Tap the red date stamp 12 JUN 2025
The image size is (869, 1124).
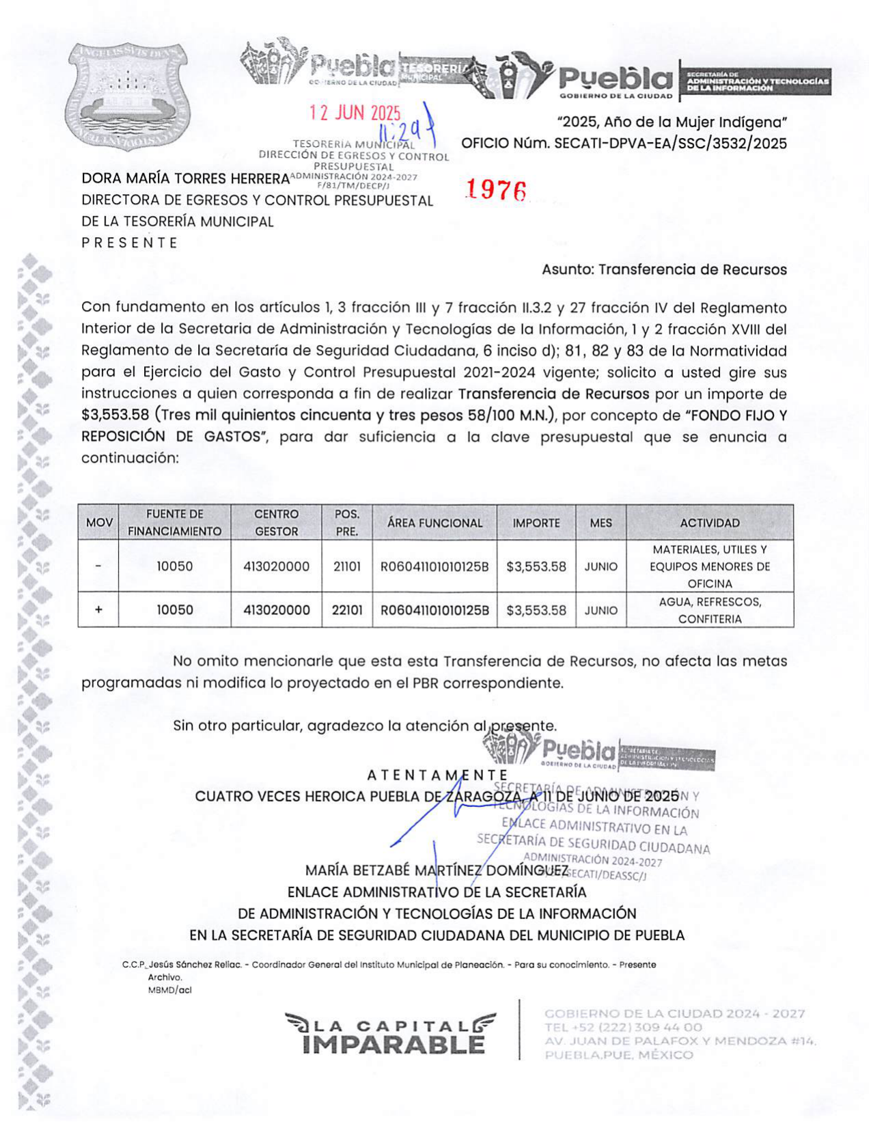click(x=355, y=113)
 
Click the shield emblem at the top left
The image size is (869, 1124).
click(x=127, y=95)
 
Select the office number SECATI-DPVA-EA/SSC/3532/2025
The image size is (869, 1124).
click(x=670, y=143)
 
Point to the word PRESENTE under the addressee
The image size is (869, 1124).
click(x=130, y=243)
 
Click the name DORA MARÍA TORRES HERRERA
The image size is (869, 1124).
click(x=185, y=179)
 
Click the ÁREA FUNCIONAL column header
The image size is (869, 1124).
click(x=434, y=523)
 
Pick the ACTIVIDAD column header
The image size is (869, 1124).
click(x=709, y=523)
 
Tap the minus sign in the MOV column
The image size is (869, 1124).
click(x=98, y=566)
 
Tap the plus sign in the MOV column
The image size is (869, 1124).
click(x=98, y=610)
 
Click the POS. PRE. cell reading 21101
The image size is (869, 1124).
click(x=347, y=566)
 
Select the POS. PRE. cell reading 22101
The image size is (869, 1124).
click(x=347, y=610)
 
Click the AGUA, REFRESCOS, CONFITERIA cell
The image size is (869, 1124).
click(x=709, y=610)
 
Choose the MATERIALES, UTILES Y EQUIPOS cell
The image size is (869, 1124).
click(x=709, y=566)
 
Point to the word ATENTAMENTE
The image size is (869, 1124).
click(x=437, y=776)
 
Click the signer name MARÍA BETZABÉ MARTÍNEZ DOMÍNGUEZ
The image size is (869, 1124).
click(x=437, y=871)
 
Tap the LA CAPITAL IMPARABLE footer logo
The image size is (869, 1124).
click(x=390, y=1034)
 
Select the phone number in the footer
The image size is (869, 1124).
click(x=623, y=1028)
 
